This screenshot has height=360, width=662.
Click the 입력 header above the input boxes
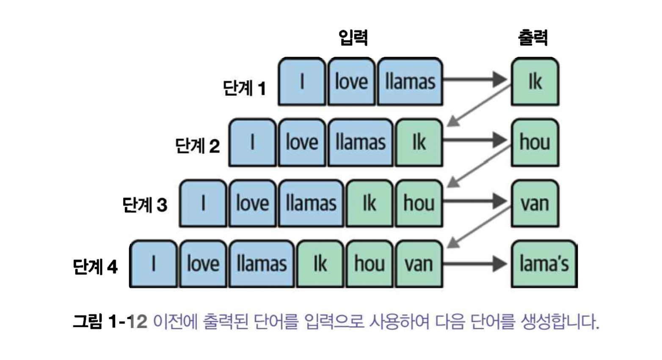pyautogui.click(x=353, y=38)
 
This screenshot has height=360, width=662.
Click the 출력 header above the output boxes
pyautogui.click(x=532, y=38)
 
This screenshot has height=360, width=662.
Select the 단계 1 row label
pyautogui.click(x=244, y=88)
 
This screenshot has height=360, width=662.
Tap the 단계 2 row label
pyautogui.click(x=197, y=146)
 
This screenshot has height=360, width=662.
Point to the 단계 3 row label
pyautogui.click(x=145, y=205)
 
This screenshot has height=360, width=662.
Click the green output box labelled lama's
pyautogui.click(x=544, y=264)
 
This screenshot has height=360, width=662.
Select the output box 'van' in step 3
pyautogui.click(x=535, y=203)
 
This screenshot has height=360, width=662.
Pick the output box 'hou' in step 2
pyautogui.click(x=535, y=142)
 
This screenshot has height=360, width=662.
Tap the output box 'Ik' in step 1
pyautogui.click(x=535, y=81)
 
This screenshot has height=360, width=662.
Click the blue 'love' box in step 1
pyautogui.click(x=351, y=81)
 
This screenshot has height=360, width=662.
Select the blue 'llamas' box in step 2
pyautogui.click(x=360, y=142)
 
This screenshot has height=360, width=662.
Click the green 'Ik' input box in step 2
pyautogui.click(x=419, y=142)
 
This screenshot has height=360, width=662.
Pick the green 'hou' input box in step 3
pyautogui.click(x=419, y=203)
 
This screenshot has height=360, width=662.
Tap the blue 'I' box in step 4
pyautogui.click(x=153, y=264)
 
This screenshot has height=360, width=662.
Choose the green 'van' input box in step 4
pyautogui.click(x=419, y=264)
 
